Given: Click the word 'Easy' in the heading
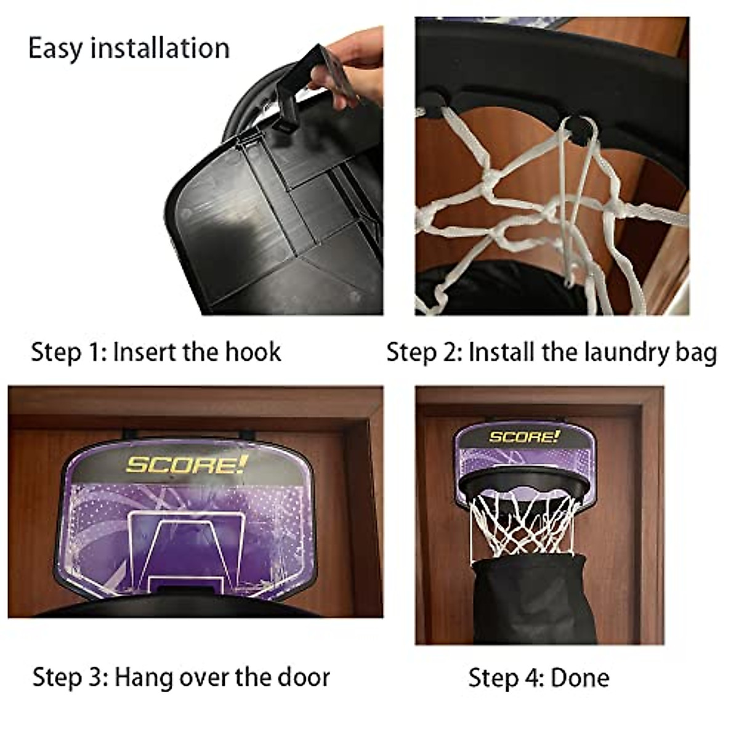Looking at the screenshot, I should click(55, 49).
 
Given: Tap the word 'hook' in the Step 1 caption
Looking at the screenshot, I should click(253, 352).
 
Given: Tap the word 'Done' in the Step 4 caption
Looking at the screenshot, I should click(579, 677).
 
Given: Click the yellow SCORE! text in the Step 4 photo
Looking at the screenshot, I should click(524, 437).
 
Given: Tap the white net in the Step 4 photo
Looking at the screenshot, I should click(523, 523).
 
